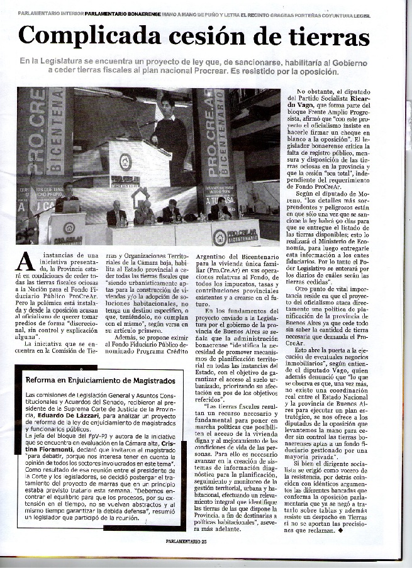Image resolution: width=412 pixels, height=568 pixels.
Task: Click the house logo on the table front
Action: click(x=220, y=237)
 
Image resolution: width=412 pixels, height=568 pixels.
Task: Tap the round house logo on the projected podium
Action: click(x=125, y=162)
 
